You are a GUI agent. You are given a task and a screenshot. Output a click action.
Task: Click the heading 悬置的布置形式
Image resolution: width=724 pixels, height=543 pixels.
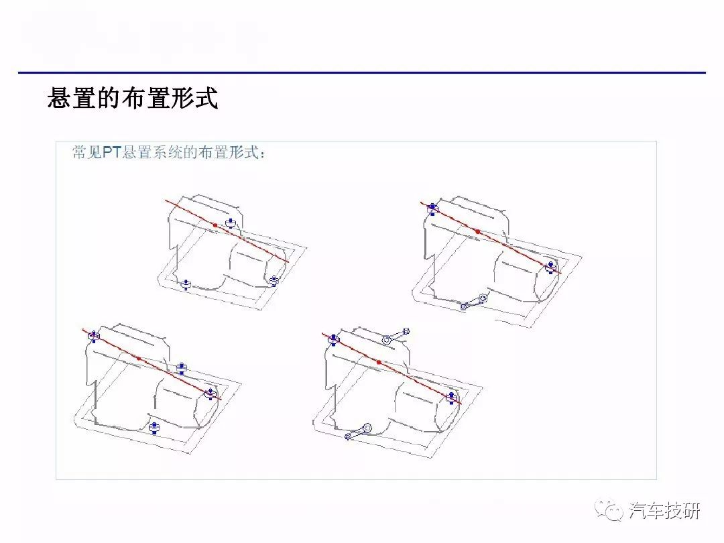point(133,98)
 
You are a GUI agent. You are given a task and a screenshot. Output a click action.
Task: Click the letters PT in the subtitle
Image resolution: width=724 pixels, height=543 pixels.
point(111,152)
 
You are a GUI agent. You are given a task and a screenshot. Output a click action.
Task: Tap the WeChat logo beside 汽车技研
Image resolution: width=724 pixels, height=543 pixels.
point(609,510)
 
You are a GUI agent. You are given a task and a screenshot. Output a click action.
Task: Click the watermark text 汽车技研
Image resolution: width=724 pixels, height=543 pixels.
point(664,511)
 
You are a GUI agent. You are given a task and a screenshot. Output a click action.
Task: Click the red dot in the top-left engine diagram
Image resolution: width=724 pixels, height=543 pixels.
point(215,225)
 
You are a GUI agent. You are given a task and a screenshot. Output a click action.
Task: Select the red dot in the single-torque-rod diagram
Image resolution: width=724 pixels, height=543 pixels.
point(477,231)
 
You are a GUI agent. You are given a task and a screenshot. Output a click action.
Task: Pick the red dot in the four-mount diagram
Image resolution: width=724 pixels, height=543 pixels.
point(139,358)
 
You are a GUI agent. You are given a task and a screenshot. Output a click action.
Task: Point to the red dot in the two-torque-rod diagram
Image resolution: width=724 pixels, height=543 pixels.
point(379,363)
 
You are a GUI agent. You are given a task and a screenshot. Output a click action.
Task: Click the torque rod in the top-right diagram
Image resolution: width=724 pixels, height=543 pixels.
point(474,302)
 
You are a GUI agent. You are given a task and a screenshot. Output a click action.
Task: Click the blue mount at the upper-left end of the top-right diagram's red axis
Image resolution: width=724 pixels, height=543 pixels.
point(432,208)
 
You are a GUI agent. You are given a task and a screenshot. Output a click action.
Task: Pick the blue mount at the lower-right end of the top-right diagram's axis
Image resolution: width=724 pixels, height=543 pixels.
point(550,267)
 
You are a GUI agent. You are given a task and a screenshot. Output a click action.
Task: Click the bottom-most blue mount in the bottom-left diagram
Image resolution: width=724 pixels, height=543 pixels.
point(154,428)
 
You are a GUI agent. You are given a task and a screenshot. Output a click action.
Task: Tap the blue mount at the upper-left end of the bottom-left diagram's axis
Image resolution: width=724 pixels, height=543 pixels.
point(94,336)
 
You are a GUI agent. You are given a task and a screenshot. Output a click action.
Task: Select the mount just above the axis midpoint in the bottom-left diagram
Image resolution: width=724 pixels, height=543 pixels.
point(182,369)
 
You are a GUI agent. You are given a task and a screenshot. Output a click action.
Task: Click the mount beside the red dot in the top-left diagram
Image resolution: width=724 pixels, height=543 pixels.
point(231,223)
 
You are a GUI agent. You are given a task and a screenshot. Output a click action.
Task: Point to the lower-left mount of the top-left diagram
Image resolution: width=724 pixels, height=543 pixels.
point(186,284)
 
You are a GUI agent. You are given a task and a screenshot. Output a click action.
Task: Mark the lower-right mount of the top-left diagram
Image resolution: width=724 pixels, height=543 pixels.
point(274,280)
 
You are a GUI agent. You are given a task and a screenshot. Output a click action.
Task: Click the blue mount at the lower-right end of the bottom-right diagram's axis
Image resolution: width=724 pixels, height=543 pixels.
point(451,398)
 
